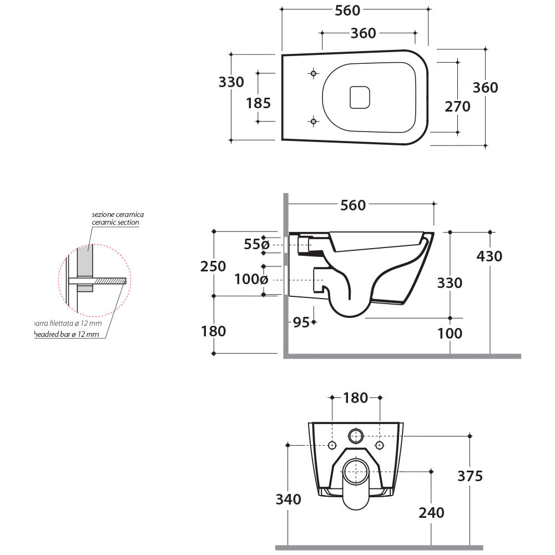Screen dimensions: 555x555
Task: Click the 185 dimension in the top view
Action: tap(258, 103)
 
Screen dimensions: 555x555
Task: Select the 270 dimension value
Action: tap(457, 106)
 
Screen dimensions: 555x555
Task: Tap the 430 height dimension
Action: tap(489, 256)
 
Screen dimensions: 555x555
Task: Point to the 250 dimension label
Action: tap(213, 266)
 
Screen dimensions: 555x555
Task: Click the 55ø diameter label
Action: tap(256, 244)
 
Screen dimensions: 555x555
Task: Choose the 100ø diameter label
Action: tap(251, 279)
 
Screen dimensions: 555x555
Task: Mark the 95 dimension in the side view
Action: tap(301, 322)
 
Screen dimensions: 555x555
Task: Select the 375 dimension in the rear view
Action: tap(470, 476)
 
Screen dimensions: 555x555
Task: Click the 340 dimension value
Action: tap(288, 499)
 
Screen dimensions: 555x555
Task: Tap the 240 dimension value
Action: tap(431, 512)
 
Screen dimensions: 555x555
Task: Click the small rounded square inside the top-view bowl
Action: tap(360, 98)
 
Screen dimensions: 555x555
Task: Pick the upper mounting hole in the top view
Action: tap(314, 73)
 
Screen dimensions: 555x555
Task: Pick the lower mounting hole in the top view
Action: tap(314, 121)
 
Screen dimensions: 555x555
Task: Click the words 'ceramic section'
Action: tap(115, 222)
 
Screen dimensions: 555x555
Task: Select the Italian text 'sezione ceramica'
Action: tap(118, 214)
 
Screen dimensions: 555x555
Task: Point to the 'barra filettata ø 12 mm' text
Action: tap(68, 323)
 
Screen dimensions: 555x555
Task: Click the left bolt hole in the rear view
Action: tap(332, 445)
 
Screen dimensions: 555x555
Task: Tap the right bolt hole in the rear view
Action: tap(380, 445)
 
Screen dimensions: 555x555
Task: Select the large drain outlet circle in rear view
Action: tap(356, 472)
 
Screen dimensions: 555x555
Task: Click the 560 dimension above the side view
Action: tap(353, 205)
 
